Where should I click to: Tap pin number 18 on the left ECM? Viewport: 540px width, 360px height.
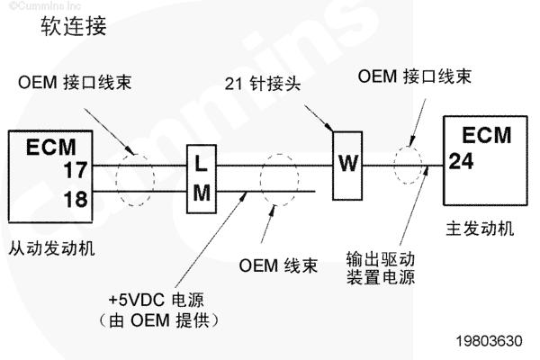coord(76,199)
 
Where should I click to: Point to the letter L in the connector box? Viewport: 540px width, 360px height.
coord(202,164)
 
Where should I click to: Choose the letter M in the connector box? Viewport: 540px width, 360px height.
coord(202,192)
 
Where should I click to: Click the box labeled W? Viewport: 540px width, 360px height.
coord(347,164)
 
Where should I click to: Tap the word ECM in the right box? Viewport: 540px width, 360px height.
coord(486,136)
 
